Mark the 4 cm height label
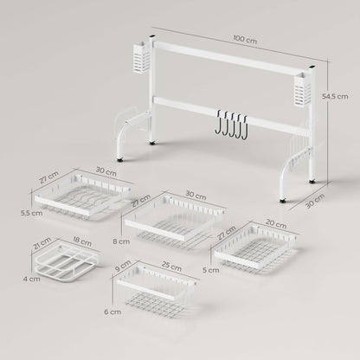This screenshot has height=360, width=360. click(30, 280)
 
